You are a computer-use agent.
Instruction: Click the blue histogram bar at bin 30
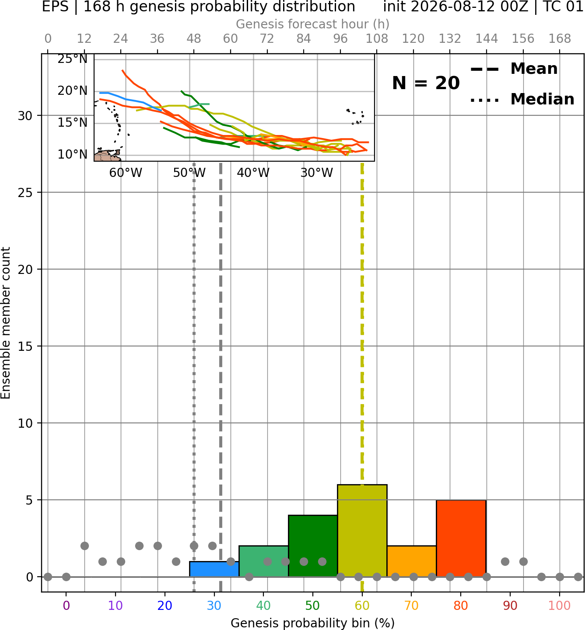(x=214, y=569)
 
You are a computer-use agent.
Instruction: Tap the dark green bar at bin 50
(x=313, y=546)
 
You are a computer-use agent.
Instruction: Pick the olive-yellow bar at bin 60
(x=362, y=530)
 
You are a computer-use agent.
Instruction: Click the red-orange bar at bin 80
(x=461, y=538)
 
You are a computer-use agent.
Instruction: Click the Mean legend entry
(x=514, y=69)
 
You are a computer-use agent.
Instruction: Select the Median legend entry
(x=522, y=99)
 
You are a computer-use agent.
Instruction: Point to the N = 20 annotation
(x=426, y=83)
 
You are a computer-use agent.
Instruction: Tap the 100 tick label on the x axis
(x=559, y=606)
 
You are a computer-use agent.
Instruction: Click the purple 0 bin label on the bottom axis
(x=66, y=606)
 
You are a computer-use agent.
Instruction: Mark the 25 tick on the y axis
(x=25, y=193)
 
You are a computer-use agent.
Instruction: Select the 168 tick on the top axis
(x=560, y=39)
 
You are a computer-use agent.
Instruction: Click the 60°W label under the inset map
(x=126, y=173)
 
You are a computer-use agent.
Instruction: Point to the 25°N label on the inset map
(x=73, y=59)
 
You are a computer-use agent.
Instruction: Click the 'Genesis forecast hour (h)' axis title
(x=313, y=24)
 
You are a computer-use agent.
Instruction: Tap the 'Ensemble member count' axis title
(x=5, y=323)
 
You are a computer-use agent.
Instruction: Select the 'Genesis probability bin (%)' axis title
(x=313, y=623)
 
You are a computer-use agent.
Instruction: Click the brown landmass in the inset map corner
(x=107, y=156)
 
